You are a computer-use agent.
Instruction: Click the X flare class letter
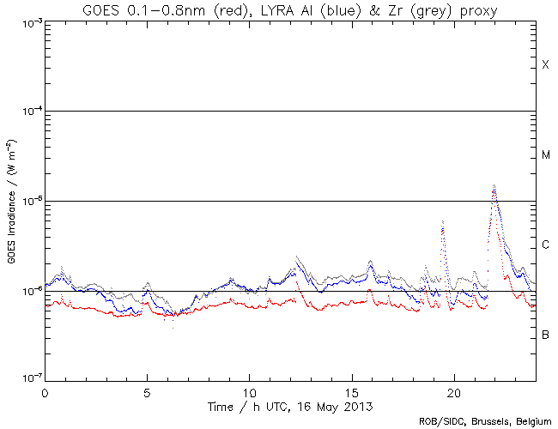pyautogui.click(x=545, y=65)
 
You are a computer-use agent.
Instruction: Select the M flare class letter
pyautogui.click(x=545, y=155)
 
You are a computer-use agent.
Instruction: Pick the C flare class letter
pyautogui.click(x=545, y=245)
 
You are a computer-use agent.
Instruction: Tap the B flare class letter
pyautogui.click(x=545, y=335)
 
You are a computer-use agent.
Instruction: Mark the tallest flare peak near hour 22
pyautogui.click(x=494, y=185)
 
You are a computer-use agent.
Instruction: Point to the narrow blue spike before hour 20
pyautogui.click(x=443, y=222)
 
